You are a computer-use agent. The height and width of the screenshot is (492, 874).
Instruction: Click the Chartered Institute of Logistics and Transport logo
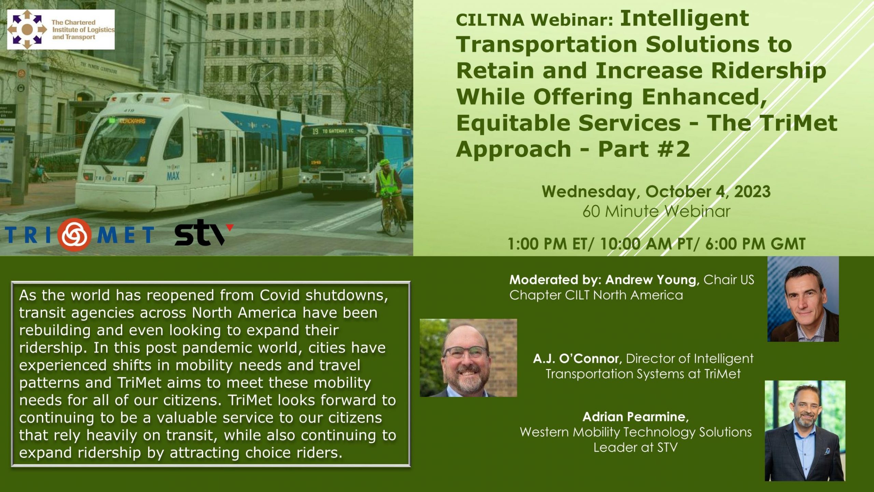[61, 29]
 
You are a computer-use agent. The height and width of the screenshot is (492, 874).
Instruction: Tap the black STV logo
[204, 232]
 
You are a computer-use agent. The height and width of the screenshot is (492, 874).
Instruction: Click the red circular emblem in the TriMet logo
[74, 234]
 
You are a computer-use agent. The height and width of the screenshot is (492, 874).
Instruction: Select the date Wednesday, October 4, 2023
[656, 192]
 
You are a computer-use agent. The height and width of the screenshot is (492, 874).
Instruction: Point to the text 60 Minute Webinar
[656, 211]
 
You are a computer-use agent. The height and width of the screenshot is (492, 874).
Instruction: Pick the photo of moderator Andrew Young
[803, 299]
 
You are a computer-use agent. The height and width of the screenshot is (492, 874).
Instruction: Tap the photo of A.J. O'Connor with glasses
[468, 358]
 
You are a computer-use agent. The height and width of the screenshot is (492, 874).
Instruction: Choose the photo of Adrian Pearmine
[805, 430]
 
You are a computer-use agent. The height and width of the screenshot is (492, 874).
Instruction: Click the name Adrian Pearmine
[634, 417]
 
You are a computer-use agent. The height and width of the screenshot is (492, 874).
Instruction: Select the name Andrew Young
[651, 280]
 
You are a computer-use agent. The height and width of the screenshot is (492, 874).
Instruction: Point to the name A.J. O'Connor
[576, 359]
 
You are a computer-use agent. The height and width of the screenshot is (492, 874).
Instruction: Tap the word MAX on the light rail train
[173, 176]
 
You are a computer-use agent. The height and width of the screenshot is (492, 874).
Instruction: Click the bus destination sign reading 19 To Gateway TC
[333, 131]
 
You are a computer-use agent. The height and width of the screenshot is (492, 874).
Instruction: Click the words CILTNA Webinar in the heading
[535, 19]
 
